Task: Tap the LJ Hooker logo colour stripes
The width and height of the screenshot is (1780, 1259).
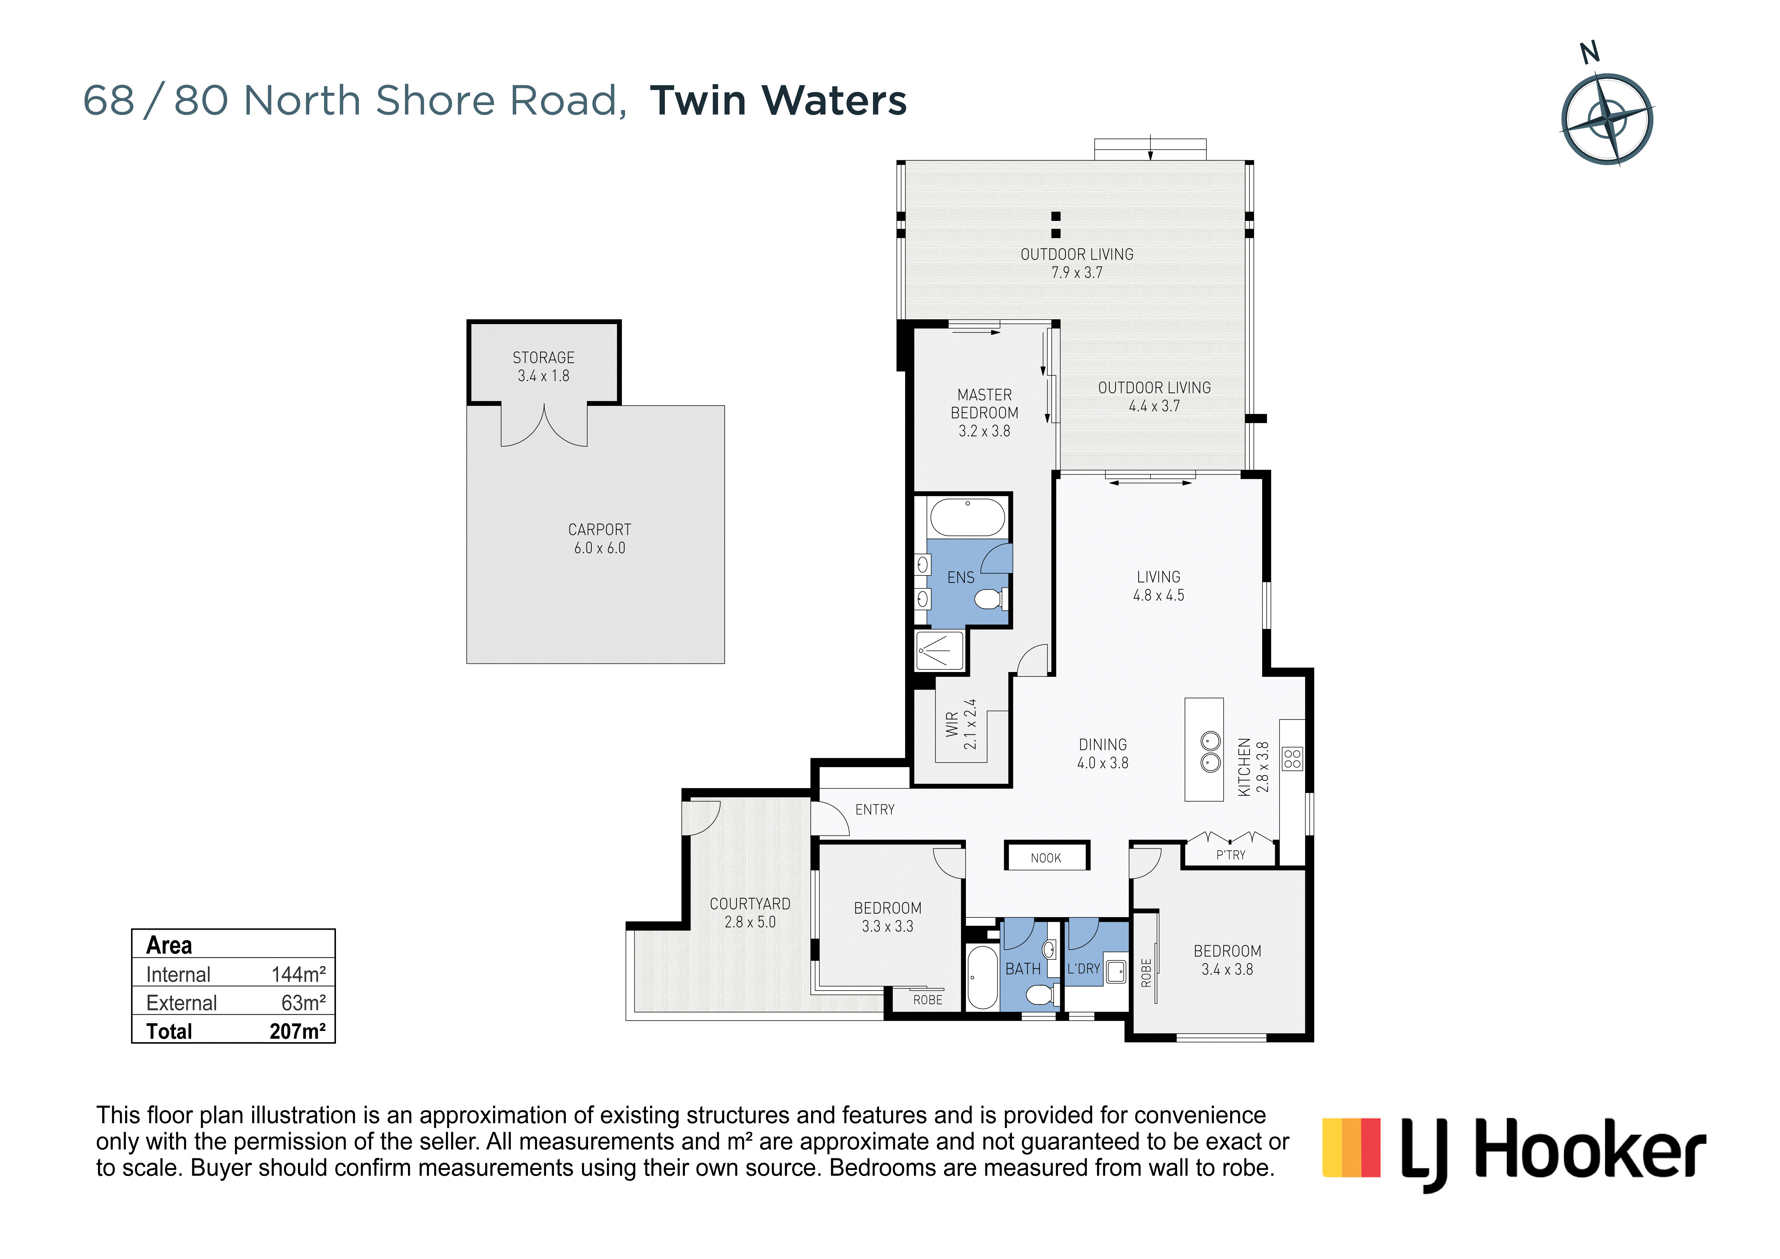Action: point(1351,1147)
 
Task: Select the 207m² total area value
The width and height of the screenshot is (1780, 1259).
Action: point(298,1031)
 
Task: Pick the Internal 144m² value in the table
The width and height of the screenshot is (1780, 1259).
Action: point(298,975)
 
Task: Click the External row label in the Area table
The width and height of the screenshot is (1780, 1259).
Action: point(182,1003)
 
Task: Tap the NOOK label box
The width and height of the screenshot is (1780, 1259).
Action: point(1046,856)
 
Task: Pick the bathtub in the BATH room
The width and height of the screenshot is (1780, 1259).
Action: point(982,977)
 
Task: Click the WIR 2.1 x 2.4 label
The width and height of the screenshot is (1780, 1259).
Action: point(961,724)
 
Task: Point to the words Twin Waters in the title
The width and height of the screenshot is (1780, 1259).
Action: point(778,101)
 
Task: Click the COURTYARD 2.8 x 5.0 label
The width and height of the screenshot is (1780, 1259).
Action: point(749,913)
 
